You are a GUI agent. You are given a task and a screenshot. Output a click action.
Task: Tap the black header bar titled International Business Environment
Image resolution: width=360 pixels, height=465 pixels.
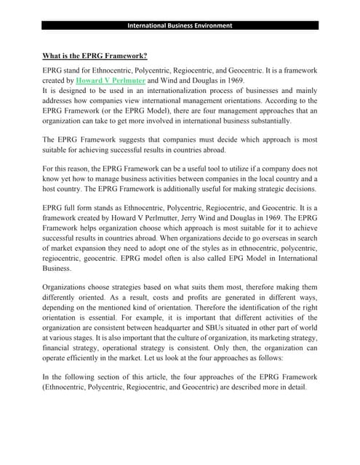coord(180,25)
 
